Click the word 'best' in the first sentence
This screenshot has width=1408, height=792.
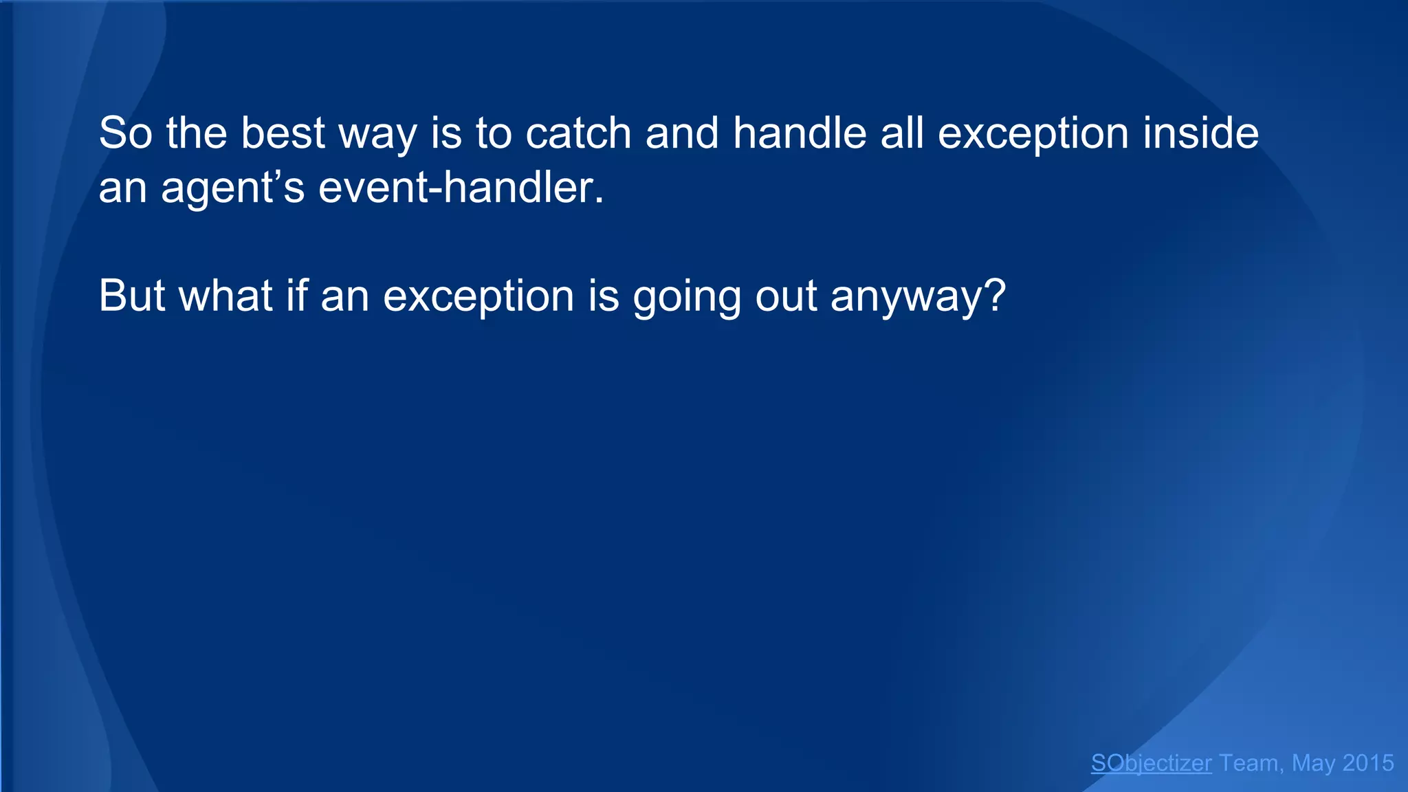[x=282, y=133]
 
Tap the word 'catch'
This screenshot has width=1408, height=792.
[x=578, y=133]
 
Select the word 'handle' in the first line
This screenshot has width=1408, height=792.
[x=799, y=133]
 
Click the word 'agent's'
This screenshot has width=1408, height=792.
[x=232, y=188]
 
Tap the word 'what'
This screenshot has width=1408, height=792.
[x=225, y=296]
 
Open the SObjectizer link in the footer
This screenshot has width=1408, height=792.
[x=1151, y=763]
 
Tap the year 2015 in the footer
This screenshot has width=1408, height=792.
[x=1367, y=763]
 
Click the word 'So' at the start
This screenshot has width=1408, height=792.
[x=125, y=133]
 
